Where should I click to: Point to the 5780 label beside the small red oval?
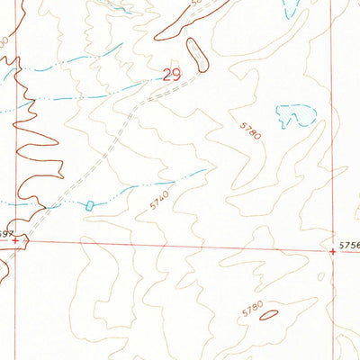tap(252, 310)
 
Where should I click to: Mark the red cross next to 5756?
tap(333, 252)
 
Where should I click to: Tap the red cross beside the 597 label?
tap(16, 240)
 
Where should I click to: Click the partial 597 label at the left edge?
tap(4, 233)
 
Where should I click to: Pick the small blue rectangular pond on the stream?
tap(89, 205)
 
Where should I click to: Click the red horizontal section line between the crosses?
tap(180, 247)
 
